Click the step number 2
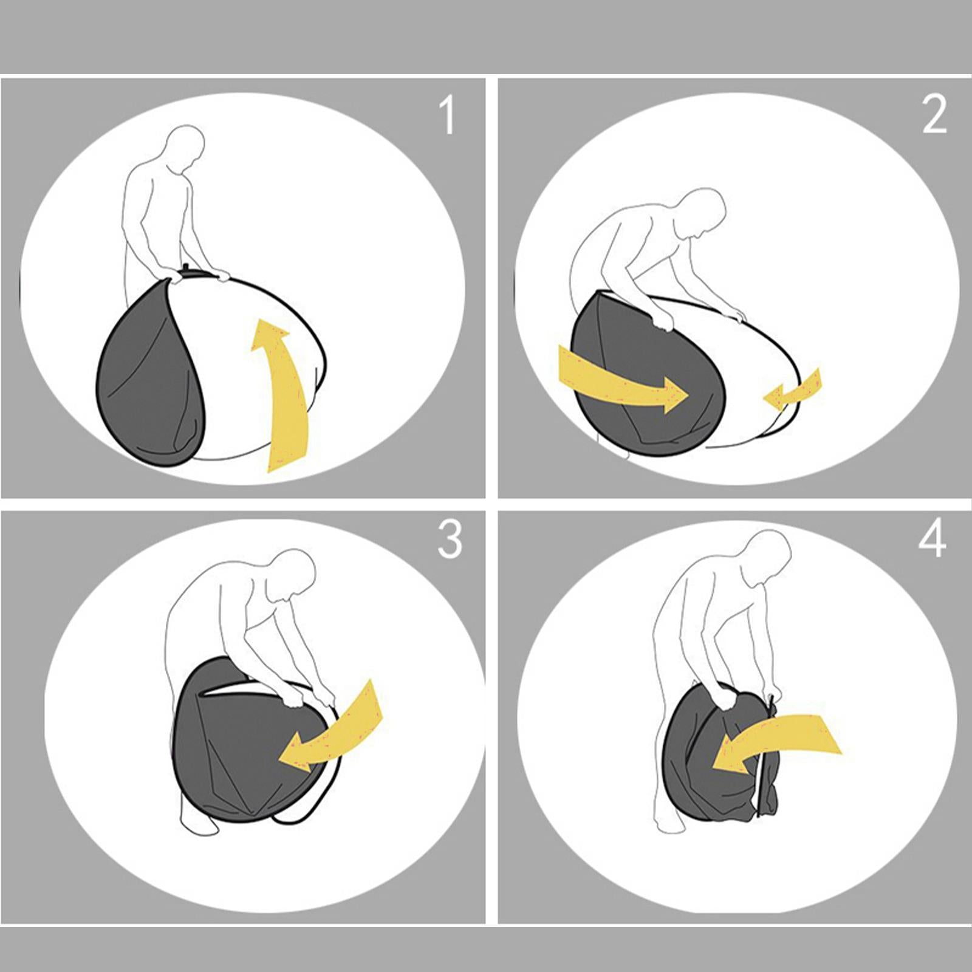(x=934, y=115)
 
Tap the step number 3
(x=450, y=539)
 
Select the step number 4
(x=933, y=538)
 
